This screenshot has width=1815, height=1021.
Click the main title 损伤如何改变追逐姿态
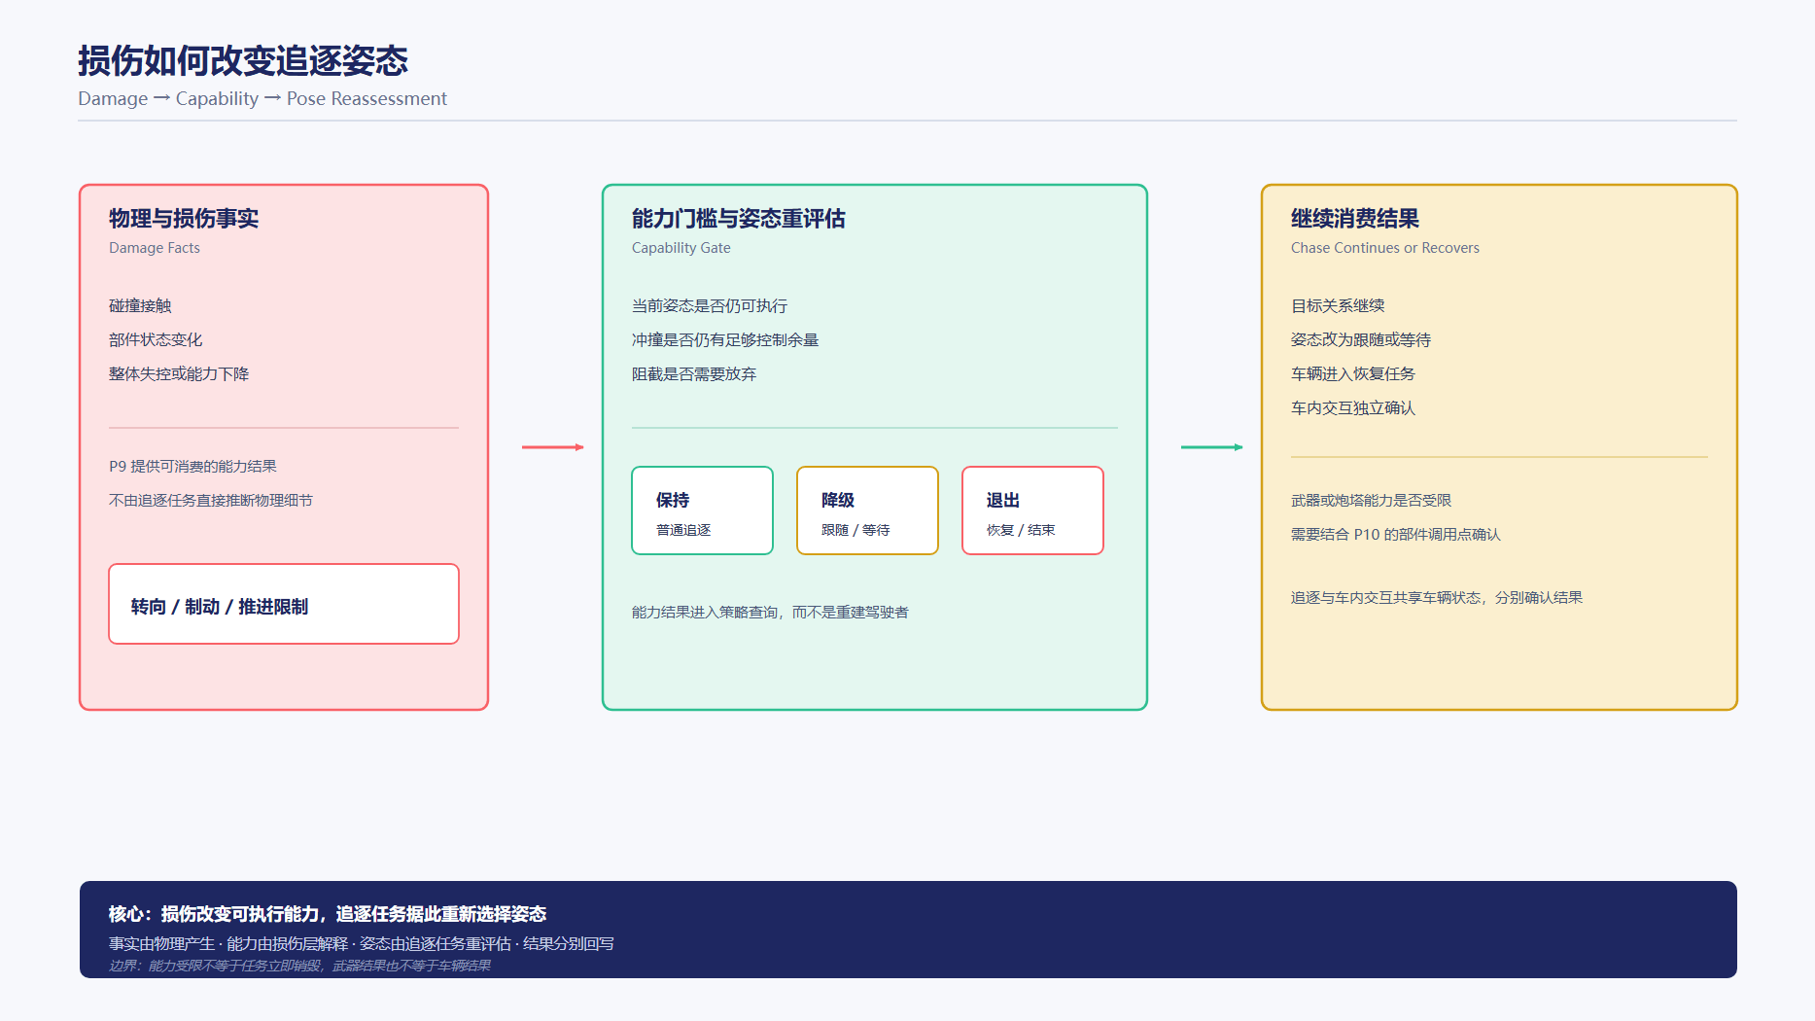(243, 60)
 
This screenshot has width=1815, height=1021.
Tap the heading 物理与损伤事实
(184, 219)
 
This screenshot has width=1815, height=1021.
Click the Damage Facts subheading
(155, 248)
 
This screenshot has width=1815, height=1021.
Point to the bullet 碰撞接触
(140, 305)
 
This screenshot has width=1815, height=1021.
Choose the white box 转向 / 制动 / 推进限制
(284, 604)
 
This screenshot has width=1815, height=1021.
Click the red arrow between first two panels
(552, 447)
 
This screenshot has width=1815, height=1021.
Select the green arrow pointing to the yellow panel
(1211, 447)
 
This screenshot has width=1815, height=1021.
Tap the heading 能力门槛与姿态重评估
(739, 219)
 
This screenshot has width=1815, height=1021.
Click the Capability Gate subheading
(681, 248)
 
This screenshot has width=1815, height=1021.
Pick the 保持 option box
(702, 510)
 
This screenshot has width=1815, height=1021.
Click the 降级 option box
(867, 510)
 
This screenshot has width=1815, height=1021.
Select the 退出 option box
(1032, 510)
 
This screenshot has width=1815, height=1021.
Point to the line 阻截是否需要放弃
(694, 373)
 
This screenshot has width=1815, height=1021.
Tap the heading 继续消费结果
(1355, 219)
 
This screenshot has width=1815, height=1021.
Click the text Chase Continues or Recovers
(1385, 248)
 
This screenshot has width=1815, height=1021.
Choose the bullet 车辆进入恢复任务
(1353, 373)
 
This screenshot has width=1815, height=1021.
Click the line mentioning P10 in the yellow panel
(1396, 534)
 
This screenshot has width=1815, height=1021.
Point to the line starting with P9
(192, 466)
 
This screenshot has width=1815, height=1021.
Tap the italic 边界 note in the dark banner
(299, 966)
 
